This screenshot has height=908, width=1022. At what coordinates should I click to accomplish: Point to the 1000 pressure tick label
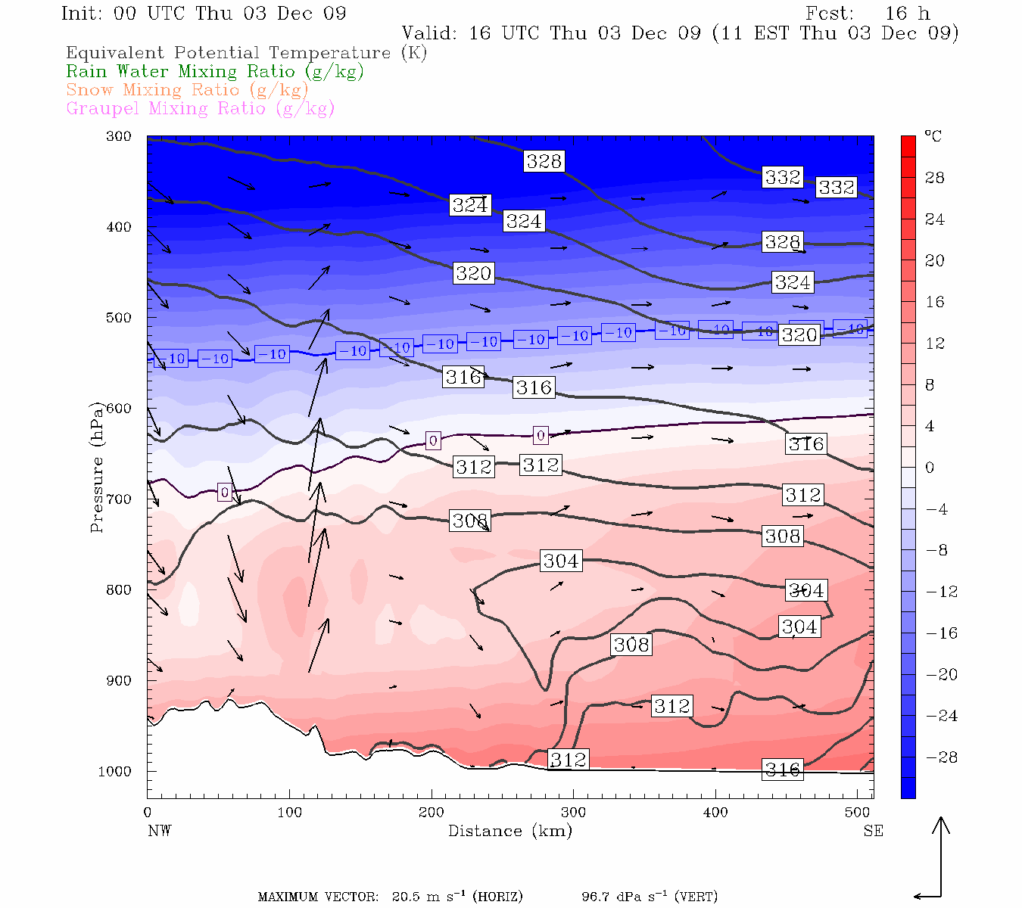114,772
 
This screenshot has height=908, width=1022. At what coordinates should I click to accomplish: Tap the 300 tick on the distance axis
573,813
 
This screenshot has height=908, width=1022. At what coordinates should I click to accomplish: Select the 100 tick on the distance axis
289,813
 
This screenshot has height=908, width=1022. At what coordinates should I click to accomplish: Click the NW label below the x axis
159,831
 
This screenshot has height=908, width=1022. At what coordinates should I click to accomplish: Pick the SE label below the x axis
873,831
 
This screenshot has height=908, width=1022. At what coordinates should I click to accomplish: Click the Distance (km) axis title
509,831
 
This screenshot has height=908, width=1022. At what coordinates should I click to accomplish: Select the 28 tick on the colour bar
935,178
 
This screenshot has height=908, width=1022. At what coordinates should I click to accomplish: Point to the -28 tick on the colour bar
942,757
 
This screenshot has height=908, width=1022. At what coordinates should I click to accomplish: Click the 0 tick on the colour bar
930,468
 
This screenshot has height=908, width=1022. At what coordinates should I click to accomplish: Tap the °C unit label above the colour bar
933,136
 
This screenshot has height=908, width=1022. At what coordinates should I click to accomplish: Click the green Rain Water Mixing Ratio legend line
215,72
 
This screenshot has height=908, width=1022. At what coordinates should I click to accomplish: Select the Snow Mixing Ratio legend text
187,90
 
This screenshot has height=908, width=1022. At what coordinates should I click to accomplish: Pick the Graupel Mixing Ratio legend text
201,108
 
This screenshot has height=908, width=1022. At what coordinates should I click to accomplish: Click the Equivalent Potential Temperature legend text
246,53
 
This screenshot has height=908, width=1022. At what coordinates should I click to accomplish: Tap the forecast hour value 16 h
907,14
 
